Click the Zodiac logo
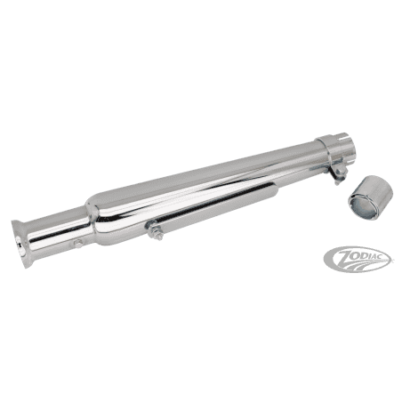358,259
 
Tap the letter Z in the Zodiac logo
344,257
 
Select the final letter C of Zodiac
384,256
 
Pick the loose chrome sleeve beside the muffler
371,197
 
